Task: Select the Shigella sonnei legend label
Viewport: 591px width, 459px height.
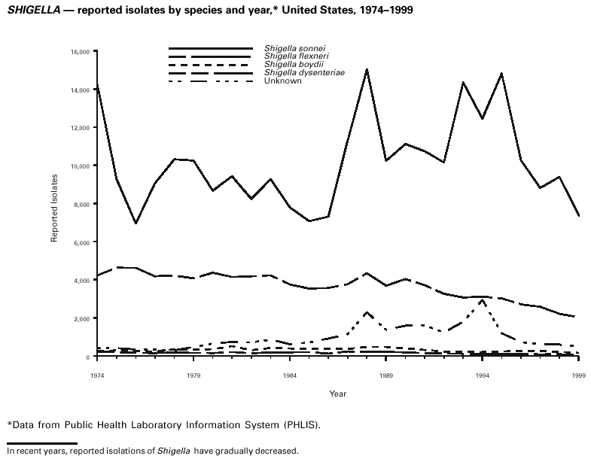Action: [x=289, y=49]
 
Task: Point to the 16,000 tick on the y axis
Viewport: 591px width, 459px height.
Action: [x=81, y=51]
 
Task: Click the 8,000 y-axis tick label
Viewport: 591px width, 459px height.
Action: [x=82, y=204]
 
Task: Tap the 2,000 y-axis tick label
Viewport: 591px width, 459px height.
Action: [x=82, y=318]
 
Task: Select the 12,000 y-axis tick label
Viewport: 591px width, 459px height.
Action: [x=81, y=128]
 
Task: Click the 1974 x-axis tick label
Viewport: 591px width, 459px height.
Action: [x=97, y=374]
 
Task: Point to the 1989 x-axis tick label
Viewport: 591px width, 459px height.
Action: [x=386, y=374]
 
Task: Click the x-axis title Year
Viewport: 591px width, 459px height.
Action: [x=338, y=393]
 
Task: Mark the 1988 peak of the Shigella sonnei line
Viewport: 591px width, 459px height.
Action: [x=367, y=69]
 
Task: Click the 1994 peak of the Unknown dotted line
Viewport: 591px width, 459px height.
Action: [x=482, y=299]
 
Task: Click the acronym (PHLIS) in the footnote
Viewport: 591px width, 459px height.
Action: [x=300, y=425]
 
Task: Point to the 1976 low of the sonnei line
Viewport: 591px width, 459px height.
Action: [x=136, y=223]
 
